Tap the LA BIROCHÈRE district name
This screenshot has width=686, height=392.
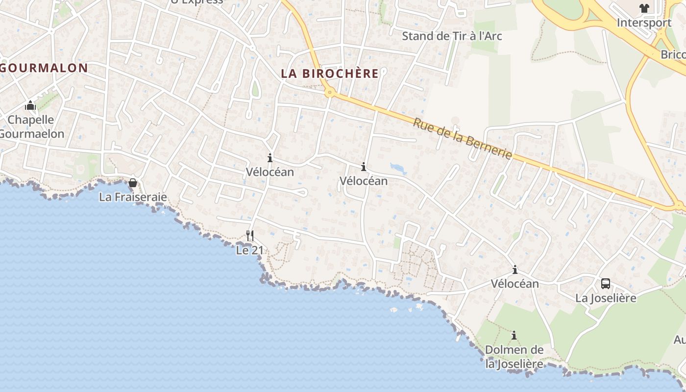pyautogui.click(x=330, y=73)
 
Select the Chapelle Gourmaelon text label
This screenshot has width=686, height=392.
pyautogui.click(x=31, y=126)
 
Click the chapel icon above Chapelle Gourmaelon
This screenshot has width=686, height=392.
pyautogui.click(x=30, y=105)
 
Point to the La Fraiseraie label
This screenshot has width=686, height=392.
pyautogui.click(x=133, y=197)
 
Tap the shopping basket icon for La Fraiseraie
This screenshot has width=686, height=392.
pyautogui.click(x=133, y=183)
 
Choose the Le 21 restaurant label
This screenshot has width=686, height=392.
pyautogui.click(x=250, y=250)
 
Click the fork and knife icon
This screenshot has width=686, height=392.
pyautogui.click(x=250, y=236)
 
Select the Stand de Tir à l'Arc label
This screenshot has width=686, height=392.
pyautogui.click(x=452, y=36)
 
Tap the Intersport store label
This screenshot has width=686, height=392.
pyautogui.click(x=643, y=23)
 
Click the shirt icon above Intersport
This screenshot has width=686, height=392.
pyautogui.click(x=644, y=8)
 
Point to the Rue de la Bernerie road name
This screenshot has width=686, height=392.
pyautogui.click(x=462, y=139)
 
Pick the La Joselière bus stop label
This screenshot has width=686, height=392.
pyautogui.click(x=606, y=297)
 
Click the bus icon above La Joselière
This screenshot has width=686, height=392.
pyautogui.click(x=606, y=283)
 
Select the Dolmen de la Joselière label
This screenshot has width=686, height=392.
pyautogui.click(x=514, y=357)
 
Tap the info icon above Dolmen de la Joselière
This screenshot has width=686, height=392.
pyautogui.click(x=514, y=336)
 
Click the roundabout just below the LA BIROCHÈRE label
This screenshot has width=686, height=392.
pyautogui.click(x=330, y=92)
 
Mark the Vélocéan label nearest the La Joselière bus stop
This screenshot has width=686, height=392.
pyautogui.click(x=514, y=283)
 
